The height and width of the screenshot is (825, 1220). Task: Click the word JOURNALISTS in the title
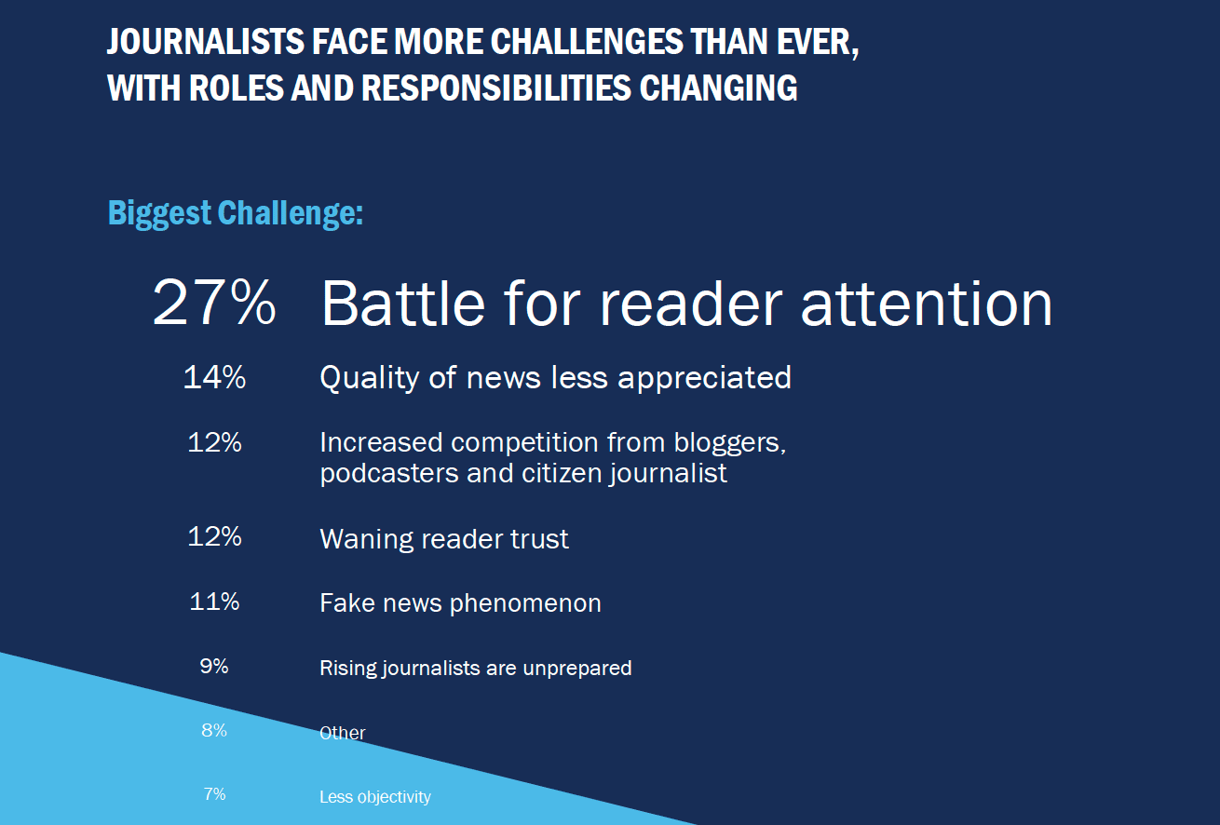205,41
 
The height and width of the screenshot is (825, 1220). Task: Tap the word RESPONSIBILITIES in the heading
496,88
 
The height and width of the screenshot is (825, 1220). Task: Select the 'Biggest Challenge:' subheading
236,213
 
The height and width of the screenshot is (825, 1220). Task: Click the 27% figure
214,303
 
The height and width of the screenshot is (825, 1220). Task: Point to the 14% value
214,377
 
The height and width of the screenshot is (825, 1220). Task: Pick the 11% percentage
214,602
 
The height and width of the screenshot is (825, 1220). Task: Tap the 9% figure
214,666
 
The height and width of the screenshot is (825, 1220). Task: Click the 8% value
214,730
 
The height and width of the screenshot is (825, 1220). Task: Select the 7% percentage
214,794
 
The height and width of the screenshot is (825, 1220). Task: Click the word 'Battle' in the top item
403,304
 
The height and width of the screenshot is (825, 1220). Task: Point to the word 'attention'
927,304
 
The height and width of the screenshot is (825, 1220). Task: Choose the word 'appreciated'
704,378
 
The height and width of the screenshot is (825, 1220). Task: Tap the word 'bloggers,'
730,443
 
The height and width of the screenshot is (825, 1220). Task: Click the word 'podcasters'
389,474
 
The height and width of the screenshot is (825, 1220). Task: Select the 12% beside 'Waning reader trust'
214,537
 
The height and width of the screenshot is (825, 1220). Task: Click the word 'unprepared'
577,669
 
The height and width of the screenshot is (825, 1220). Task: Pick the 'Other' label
343,733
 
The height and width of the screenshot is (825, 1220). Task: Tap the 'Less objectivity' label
375,797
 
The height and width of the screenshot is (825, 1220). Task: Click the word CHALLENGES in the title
587,41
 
